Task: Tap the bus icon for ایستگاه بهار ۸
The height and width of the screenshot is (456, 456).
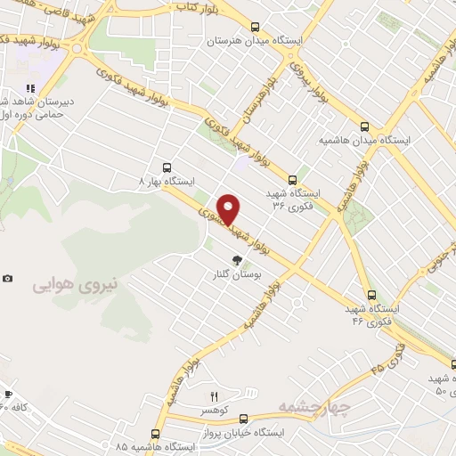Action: click(167, 167)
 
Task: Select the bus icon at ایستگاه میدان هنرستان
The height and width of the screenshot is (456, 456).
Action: click(256, 27)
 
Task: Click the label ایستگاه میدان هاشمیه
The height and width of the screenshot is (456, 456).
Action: click(364, 141)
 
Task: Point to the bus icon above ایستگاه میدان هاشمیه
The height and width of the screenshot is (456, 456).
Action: click(364, 126)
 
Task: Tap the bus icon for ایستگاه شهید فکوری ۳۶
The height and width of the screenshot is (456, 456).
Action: click(293, 178)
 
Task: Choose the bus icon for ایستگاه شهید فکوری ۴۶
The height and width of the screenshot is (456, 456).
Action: click(371, 295)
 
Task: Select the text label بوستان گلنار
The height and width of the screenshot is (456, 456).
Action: click(237, 276)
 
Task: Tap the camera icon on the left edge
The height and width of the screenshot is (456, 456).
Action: click(8, 278)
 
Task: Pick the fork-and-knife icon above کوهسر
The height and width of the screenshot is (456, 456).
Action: click(214, 396)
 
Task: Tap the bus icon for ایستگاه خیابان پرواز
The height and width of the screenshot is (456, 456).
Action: click(243, 417)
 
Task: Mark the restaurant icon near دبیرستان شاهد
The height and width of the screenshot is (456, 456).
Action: click(30, 88)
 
